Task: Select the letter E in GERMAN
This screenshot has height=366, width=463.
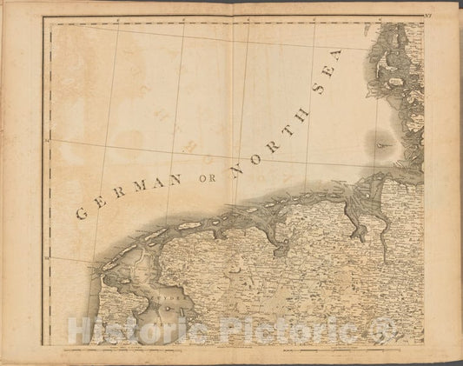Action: pos(102,206)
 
